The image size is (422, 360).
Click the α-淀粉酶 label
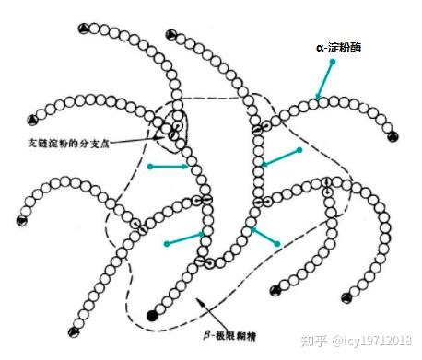(339, 48)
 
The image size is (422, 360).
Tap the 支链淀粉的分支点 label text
(69, 144)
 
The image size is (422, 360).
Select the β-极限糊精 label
(229, 335)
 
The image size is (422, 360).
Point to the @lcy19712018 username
(371, 341)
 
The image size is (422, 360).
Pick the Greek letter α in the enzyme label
(320, 48)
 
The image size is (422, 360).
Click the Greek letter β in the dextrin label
(206, 335)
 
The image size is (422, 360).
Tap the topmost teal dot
(333, 62)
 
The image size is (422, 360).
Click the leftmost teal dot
(150, 167)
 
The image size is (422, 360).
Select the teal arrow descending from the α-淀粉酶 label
(324, 80)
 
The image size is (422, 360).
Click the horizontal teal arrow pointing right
(169, 167)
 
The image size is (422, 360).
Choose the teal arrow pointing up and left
(264, 236)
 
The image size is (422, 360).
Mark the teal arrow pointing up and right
(185, 239)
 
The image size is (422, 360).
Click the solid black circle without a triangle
(152, 316)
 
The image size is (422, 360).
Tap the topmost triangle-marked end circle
(83, 29)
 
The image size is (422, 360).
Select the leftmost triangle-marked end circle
(22, 221)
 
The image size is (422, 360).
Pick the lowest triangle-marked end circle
(74, 332)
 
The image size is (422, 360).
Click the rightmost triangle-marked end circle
(393, 136)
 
